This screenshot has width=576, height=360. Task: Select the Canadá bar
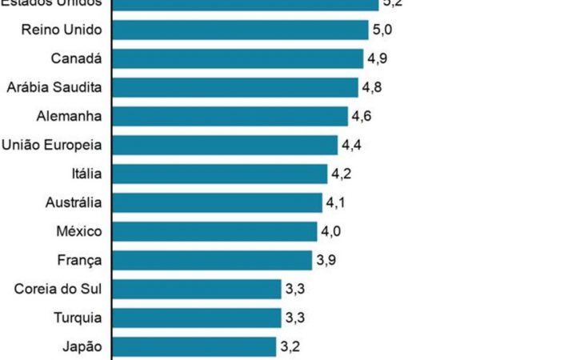[x=238, y=59]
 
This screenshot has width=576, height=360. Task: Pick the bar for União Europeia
[x=224, y=145]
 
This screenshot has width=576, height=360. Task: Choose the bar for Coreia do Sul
[x=196, y=289]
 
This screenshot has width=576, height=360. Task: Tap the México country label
[x=78, y=232]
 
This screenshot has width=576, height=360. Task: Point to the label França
[x=79, y=261]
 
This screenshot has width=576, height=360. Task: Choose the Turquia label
[x=77, y=318]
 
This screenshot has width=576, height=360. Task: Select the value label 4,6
[x=362, y=117]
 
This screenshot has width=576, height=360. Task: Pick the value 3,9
[x=326, y=261]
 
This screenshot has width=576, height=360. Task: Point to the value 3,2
[x=290, y=347]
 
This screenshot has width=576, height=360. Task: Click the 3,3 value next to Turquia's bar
[x=294, y=318]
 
